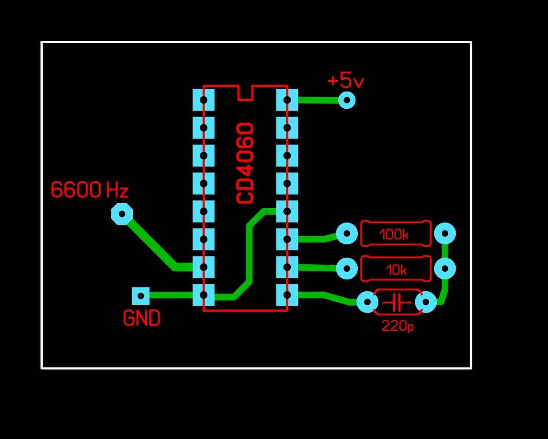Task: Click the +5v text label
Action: click(x=346, y=81)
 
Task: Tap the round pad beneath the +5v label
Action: click(x=347, y=100)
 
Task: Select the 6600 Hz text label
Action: click(x=90, y=190)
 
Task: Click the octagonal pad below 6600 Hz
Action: click(x=122, y=214)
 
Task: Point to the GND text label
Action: click(x=142, y=318)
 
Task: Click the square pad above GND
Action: click(x=141, y=296)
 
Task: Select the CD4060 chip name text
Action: click(x=245, y=163)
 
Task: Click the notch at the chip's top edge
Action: click(x=245, y=93)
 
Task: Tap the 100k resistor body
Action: click(x=396, y=234)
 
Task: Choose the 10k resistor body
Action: click(x=396, y=269)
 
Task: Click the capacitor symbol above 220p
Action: click(x=397, y=302)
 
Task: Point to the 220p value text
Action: click(x=398, y=326)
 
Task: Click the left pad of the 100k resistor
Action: click(x=347, y=233)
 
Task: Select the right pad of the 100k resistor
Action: click(x=445, y=233)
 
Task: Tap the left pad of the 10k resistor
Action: click(x=347, y=269)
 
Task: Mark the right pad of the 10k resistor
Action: click(x=445, y=269)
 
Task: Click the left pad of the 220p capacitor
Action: click(x=367, y=302)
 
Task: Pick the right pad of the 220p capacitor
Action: click(x=426, y=302)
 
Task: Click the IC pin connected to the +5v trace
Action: click(x=287, y=100)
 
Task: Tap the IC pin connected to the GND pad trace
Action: click(x=203, y=295)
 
